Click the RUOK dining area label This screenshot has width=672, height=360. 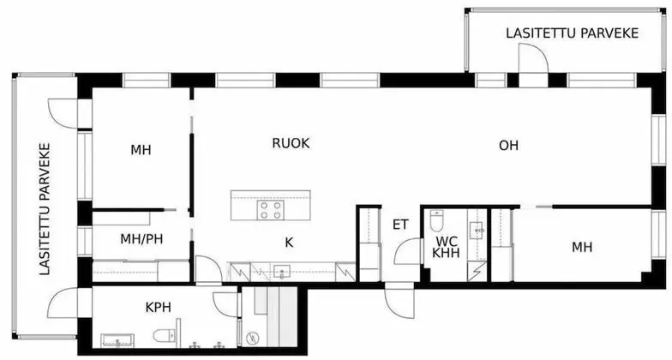click(x=291, y=144)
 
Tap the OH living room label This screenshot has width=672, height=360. click(x=508, y=146)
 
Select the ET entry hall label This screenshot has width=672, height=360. click(x=399, y=225)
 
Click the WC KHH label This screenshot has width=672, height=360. click(x=447, y=247)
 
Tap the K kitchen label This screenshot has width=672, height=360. click(x=289, y=243)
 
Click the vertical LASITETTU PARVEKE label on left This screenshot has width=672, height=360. click(x=45, y=208)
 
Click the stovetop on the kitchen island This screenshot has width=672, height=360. click(x=272, y=208)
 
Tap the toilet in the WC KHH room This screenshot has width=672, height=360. click(x=437, y=222)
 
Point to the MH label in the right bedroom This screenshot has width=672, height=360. click(x=582, y=248)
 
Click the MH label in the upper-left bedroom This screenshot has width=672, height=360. click(x=141, y=150)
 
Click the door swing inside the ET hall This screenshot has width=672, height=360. click(x=406, y=252)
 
